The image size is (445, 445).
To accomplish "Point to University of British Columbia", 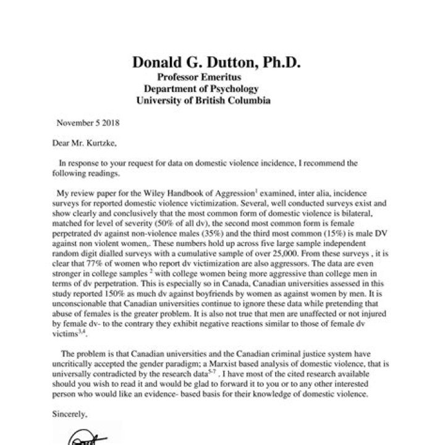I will pyautogui.click(x=203, y=100).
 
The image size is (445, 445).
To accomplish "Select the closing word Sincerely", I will pyautogui.click(x=71, y=413).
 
